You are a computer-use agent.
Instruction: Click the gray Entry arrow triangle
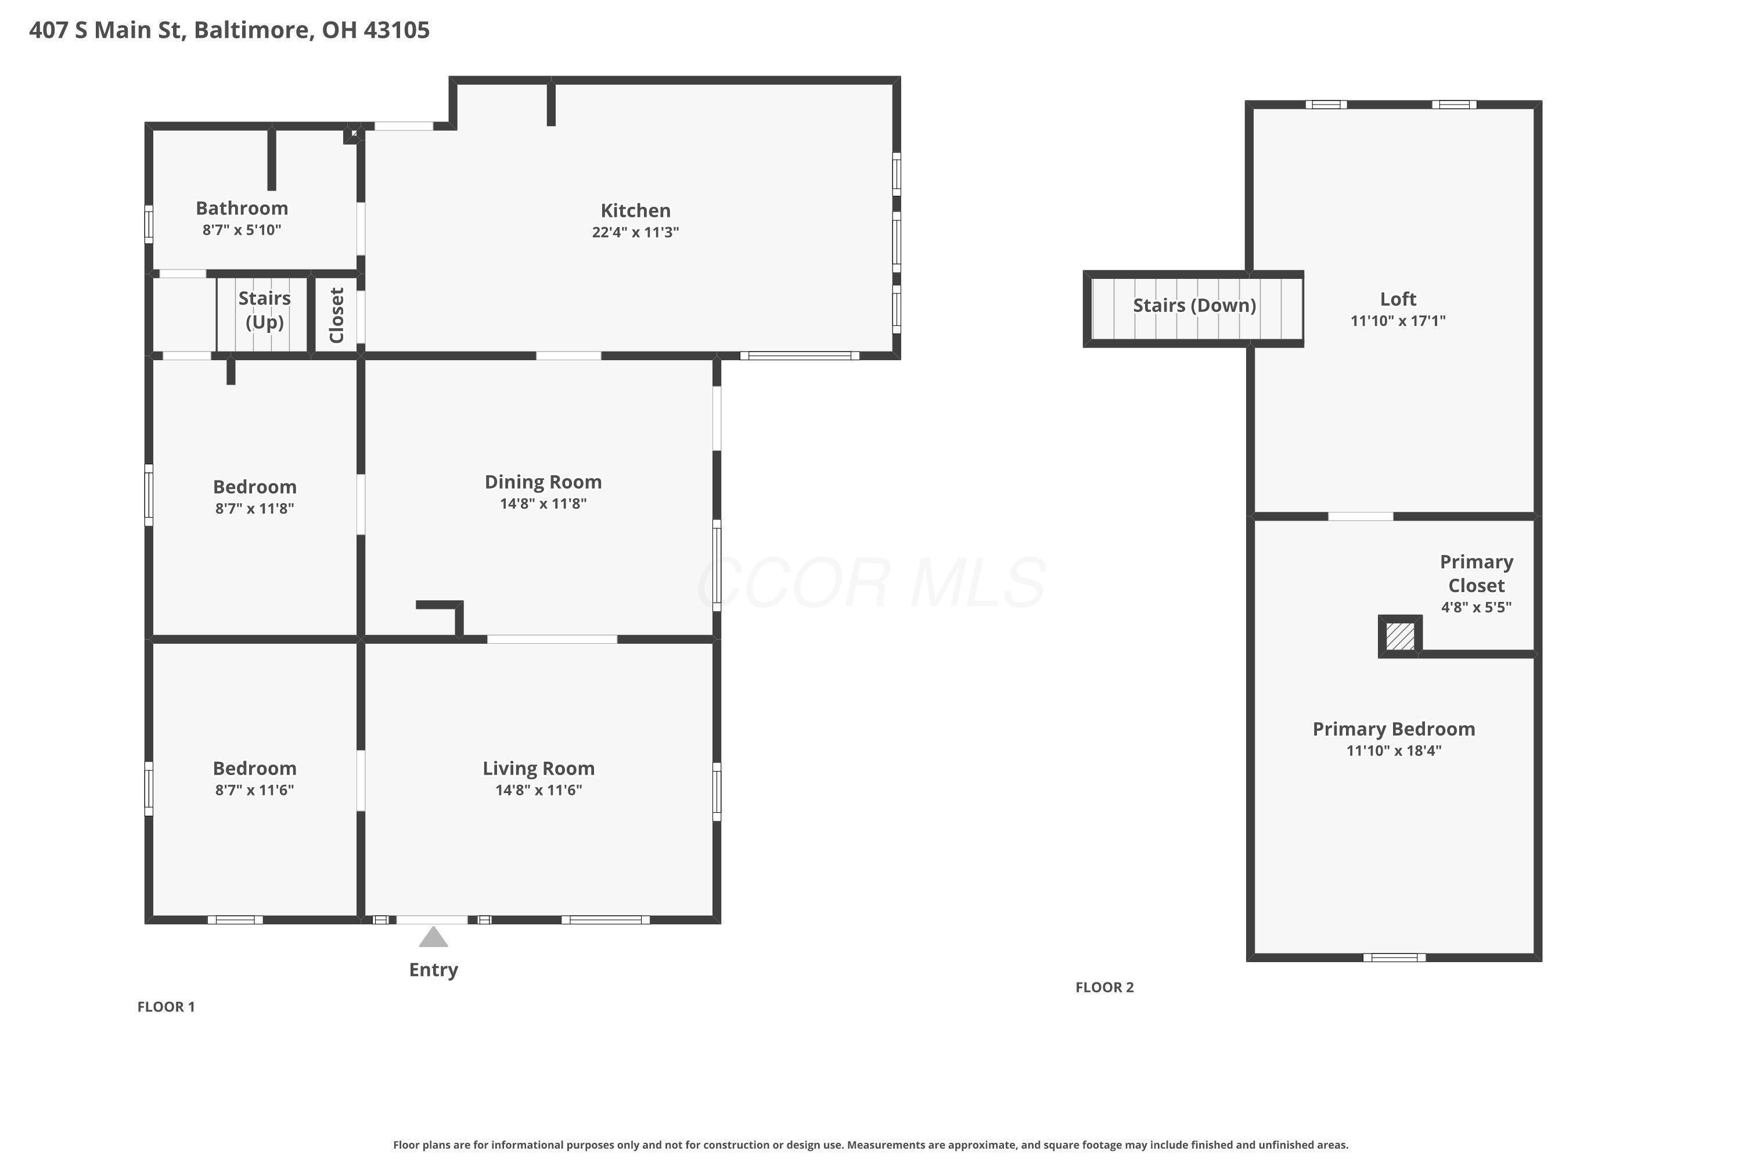pos(433,938)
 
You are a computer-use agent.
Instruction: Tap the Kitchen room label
pos(635,210)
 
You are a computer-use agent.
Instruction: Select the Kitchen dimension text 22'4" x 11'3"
pos(635,232)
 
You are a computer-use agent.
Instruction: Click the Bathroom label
pos(242,208)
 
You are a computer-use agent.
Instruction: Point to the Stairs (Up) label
pos(264,310)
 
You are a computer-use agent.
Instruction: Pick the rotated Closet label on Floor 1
pos(336,315)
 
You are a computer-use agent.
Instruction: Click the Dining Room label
pos(543,482)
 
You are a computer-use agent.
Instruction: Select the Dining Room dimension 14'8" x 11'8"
pos(543,504)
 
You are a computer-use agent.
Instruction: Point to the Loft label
pos(1398,299)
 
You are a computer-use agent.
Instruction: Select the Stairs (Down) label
pos(1194,306)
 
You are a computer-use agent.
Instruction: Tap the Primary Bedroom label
pos(1394,729)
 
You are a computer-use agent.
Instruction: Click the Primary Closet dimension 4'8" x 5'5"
pos(1476,608)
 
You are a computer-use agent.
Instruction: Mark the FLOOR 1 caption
pos(166,1006)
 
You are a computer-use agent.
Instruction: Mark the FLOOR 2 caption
pos(1104,987)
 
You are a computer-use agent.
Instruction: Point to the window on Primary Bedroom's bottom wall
pos(1395,957)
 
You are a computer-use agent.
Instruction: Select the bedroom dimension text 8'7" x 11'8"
pos(255,508)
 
